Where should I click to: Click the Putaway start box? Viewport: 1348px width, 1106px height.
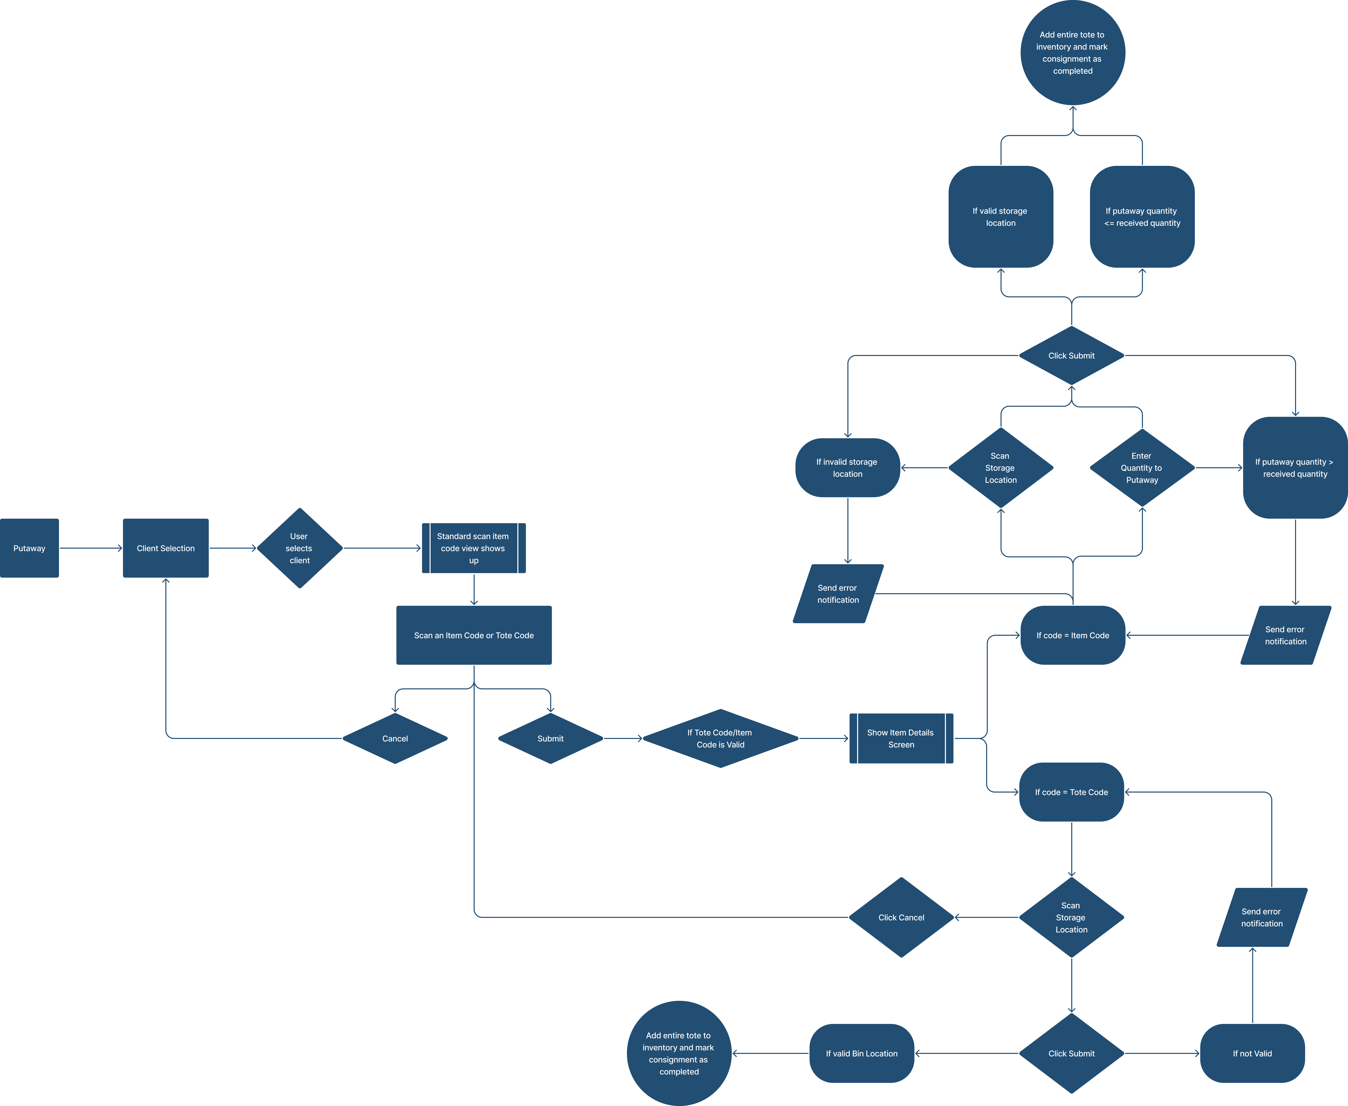29,548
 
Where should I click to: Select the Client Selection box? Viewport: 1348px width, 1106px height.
166,548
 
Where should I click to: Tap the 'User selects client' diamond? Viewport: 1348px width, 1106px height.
299,548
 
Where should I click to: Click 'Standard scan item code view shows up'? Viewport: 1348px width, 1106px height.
473,548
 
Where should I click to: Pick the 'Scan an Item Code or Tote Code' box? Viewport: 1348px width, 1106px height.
473,635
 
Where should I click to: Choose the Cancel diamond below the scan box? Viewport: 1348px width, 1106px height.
395,738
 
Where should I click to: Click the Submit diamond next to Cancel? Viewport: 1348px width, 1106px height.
550,738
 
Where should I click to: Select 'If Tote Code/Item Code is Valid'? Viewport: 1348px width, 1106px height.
720,738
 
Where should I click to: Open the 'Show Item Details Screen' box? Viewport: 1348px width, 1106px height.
901,738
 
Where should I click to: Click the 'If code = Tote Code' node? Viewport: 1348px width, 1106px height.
1072,792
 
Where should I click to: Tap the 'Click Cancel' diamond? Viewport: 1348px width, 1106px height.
901,917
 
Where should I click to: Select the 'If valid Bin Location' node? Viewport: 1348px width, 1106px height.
861,1053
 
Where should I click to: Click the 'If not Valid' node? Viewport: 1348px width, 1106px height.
1252,1053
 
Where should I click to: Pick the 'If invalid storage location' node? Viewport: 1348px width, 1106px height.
847,468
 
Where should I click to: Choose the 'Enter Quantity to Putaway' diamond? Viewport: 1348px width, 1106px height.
1142,468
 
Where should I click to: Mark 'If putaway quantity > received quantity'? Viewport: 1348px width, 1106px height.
1295,468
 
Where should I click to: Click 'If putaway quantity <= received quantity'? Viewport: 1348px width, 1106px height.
1142,217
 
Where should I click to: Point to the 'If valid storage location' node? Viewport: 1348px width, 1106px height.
1000,217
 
